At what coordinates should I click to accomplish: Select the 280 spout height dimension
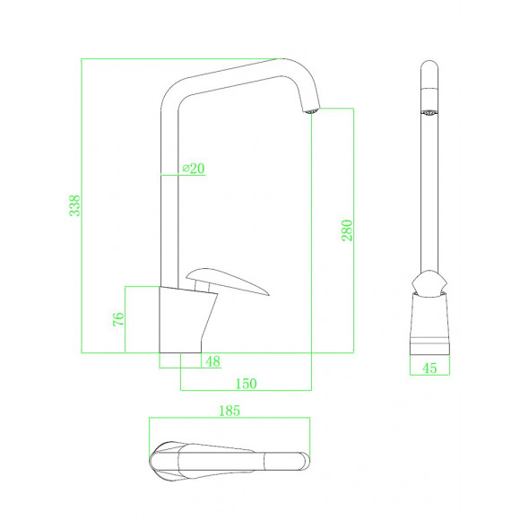click(348, 230)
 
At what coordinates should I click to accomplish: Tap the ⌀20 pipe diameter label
click(193, 168)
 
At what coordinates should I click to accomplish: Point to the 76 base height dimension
click(118, 319)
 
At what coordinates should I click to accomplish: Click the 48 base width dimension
click(212, 361)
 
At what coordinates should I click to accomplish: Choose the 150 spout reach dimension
click(246, 383)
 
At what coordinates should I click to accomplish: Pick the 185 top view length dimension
click(230, 411)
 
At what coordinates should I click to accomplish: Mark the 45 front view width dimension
click(429, 367)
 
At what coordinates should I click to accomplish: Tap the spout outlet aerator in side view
click(310, 111)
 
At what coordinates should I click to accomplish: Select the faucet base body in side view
click(186, 317)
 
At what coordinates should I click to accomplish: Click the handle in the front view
click(429, 283)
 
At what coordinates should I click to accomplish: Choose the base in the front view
click(429, 323)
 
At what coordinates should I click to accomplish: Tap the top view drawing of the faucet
click(230, 460)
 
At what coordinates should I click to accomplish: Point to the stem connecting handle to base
click(202, 285)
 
